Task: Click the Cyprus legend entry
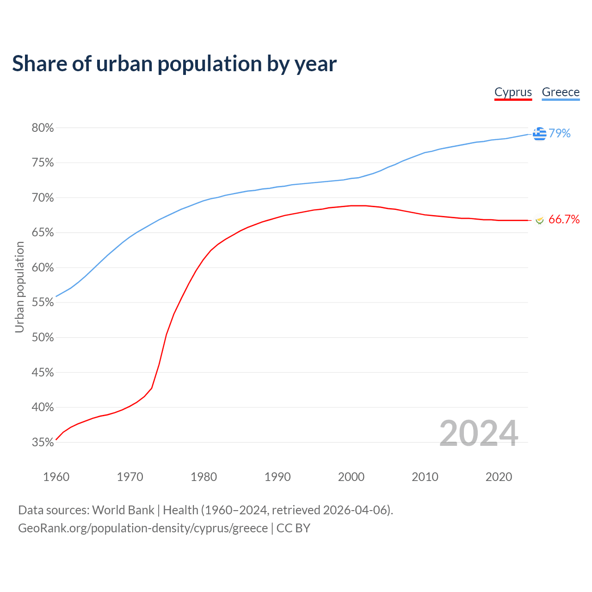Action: click(x=513, y=92)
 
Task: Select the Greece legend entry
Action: click(x=561, y=92)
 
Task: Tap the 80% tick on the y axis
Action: click(x=43, y=128)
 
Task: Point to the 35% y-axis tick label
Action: click(x=43, y=443)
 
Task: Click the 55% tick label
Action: click(x=43, y=302)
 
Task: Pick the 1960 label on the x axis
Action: click(x=56, y=477)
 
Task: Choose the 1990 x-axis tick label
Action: click(x=277, y=477)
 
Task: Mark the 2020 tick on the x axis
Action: click(x=499, y=477)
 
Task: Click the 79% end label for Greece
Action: click(x=560, y=133)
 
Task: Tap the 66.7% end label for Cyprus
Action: click(x=564, y=219)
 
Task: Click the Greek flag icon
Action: click(x=539, y=134)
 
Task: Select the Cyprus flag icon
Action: click(x=539, y=220)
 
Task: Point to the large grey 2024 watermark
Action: click(x=479, y=433)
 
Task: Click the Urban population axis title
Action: click(x=19, y=287)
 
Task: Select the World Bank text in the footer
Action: click(x=123, y=510)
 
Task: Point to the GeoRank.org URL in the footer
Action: click(x=143, y=528)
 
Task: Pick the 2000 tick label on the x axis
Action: click(x=351, y=477)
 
